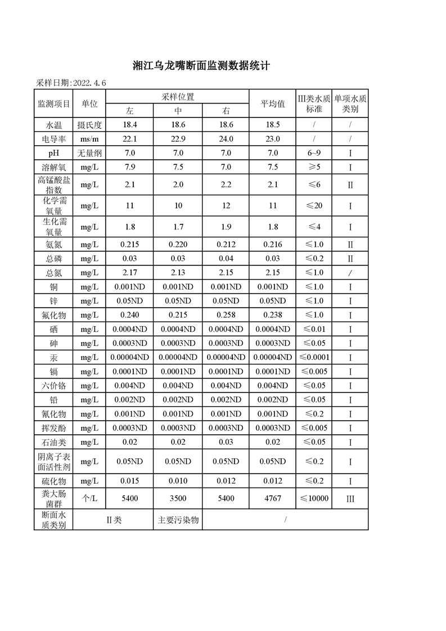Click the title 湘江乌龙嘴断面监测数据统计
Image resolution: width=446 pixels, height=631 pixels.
pyautogui.click(x=202, y=66)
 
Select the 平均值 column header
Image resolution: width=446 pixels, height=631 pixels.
pyautogui.click(x=273, y=103)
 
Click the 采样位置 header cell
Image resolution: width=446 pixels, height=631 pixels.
pyautogui.click(x=178, y=97)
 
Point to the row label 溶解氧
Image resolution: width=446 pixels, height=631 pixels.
pyautogui.click(x=53, y=167)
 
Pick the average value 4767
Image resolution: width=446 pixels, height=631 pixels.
pyautogui.click(x=273, y=498)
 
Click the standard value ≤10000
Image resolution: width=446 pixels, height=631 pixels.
pyautogui.click(x=314, y=498)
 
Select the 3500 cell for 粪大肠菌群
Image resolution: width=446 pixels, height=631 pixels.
pyautogui.click(x=178, y=498)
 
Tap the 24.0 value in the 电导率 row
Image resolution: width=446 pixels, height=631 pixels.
pyautogui.click(x=226, y=138)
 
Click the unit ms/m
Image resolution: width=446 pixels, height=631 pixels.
pyautogui.click(x=89, y=138)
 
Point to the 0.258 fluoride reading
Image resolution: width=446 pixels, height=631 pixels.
pyautogui.click(x=226, y=315)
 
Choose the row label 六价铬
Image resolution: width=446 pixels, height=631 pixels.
pyautogui.click(x=53, y=385)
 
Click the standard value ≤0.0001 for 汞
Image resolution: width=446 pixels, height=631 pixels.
pyautogui.click(x=314, y=357)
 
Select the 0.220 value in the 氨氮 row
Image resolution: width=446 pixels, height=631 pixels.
pyautogui.click(x=178, y=244)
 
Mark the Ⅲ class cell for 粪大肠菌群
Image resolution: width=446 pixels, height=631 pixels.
pyautogui.click(x=350, y=498)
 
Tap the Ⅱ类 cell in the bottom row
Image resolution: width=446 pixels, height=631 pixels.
pyautogui.click(x=114, y=520)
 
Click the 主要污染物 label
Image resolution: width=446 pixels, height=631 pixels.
pyautogui.click(x=178, y=520)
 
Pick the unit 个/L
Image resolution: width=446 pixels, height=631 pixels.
pyautogui.click(x=89, y=498)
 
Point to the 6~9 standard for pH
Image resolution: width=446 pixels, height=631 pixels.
pyautogui.click(x=314, y=153)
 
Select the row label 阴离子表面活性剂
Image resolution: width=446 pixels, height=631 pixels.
pyautogui.click(x=53, y=462)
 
